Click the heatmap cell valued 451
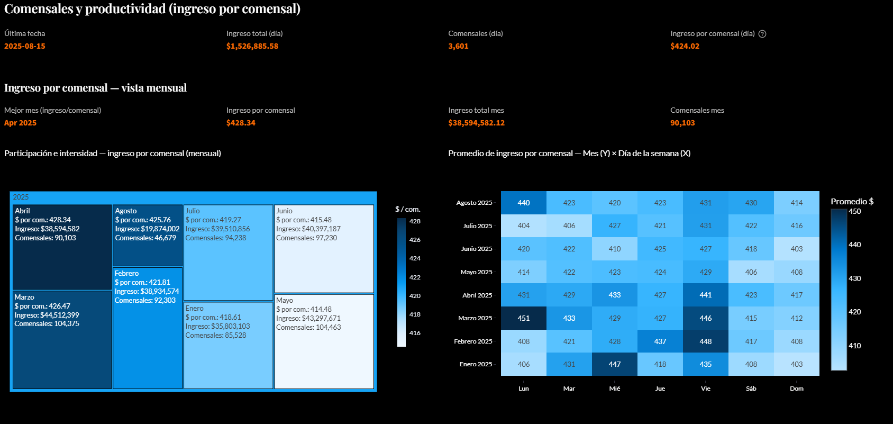[524, 318]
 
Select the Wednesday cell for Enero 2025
[615, 364]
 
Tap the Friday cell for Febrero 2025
[706, 341]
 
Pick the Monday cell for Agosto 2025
[524, 203]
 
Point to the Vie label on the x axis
[706, 389]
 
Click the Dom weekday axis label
[797, 389]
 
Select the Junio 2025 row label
[476, 249]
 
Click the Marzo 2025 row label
[475, 318]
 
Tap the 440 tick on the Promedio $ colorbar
[855, 245]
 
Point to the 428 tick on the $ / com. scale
[415, 221]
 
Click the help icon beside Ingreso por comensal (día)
[762, 34]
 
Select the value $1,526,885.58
[252, 46]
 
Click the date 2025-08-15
[25, 46]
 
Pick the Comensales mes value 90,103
[682, 123]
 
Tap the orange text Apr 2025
[21, 123]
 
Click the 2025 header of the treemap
[21, 197]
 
